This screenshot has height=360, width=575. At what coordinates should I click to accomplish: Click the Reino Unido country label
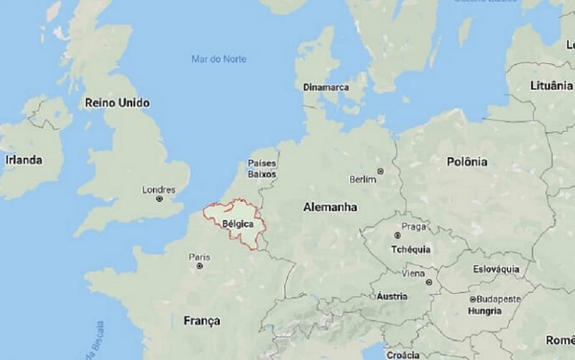(117, 103)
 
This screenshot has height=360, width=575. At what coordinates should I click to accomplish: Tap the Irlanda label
(23, 159)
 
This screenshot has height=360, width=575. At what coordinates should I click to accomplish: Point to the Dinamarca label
(326, 87)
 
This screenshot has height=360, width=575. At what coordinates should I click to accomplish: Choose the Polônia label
(467, 162)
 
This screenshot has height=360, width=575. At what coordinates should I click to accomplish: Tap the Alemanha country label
(331, 206)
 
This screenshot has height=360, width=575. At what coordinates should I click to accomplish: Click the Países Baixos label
(262, 169)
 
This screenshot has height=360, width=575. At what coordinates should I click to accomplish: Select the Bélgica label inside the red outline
(238, 224)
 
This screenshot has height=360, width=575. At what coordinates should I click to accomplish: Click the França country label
(201, 320)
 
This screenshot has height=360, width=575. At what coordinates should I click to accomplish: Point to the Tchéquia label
(410, 249)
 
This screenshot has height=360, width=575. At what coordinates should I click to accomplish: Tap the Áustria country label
(392, 296)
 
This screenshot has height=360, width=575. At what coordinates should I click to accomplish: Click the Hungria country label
(484, 311)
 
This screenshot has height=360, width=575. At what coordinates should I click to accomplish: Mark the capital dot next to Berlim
(380, 171)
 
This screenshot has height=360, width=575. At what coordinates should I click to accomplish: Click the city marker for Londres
(160, 198)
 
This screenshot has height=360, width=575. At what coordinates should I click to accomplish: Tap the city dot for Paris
(199, 265)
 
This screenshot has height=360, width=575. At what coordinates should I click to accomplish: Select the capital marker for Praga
(396, 235)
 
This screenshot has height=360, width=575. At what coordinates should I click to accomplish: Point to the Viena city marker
(413, 282)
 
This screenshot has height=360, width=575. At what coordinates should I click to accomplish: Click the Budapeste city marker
(472, 299)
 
